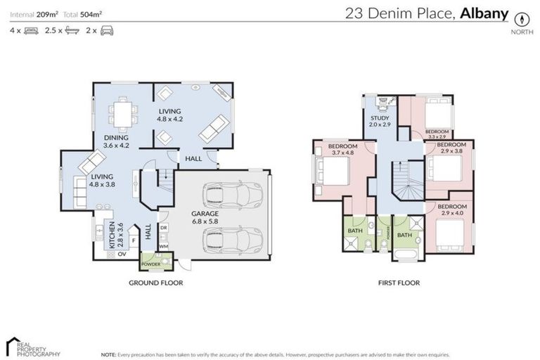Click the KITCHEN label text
[110, 234]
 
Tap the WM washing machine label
[163, 246]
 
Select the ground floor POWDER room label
[152, 264]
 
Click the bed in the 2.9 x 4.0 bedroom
[449, 234]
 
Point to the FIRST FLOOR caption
[398, 283]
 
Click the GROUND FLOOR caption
[155, 283]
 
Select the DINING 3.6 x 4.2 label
[116, 141]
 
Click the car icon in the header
[107, 31]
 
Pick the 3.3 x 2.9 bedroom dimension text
[437, 135]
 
